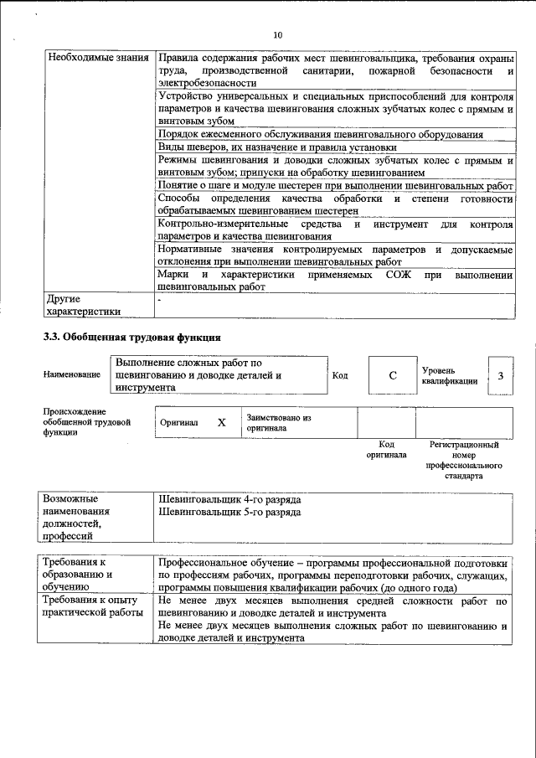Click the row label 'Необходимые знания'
(x=95, y=59)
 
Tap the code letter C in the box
(x=392, y=375)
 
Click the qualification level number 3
(x=500, y=375)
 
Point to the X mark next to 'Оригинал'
(x=221, y=423)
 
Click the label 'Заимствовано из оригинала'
(x=279, y=422)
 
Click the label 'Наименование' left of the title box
(x=71, y=375)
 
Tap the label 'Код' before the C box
(x=340, y=375)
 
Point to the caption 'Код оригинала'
(x=386, y=450)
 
